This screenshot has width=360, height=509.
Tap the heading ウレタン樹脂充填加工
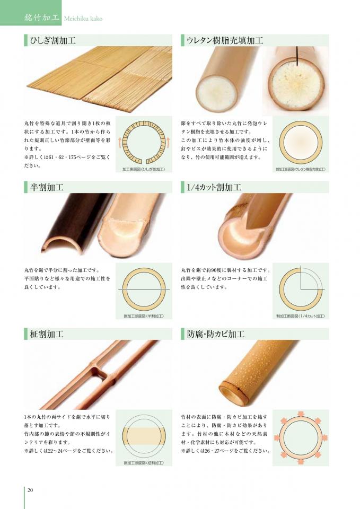225,41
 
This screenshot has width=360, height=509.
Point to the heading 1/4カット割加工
214,187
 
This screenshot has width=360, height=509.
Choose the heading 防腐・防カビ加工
216,334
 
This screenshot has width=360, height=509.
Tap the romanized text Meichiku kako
83,19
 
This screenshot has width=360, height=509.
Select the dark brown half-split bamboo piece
74,223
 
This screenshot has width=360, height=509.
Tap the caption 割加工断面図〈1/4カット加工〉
301,316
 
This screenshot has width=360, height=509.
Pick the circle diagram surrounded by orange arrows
301,435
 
